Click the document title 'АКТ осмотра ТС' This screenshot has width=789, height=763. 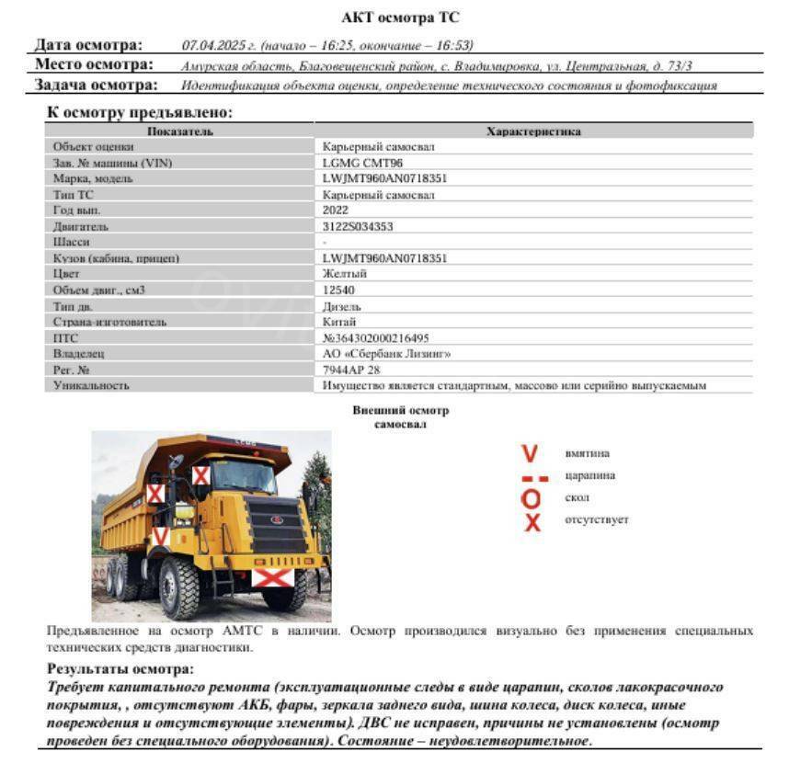[400, 17]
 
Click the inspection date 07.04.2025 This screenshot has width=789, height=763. [210, 45]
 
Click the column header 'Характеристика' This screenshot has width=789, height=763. [533, 131]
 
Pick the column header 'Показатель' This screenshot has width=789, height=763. [179, 131]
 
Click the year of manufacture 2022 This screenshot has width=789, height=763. [336, 210]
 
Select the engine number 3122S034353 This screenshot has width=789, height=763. [359, 226]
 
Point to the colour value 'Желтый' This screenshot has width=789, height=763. [345, 274]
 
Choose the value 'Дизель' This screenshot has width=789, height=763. [342, 306]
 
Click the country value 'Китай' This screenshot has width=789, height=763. [339, 322]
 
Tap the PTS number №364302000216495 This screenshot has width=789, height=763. [376, 338]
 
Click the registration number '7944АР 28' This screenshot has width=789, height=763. [350, 370]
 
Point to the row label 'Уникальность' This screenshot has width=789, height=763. [91, 385]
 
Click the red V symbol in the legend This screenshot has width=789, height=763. [530, 454]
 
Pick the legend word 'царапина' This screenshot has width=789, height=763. [589, 476]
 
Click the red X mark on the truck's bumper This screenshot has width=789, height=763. [273, 578]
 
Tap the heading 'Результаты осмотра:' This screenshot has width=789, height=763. [120, 670]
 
